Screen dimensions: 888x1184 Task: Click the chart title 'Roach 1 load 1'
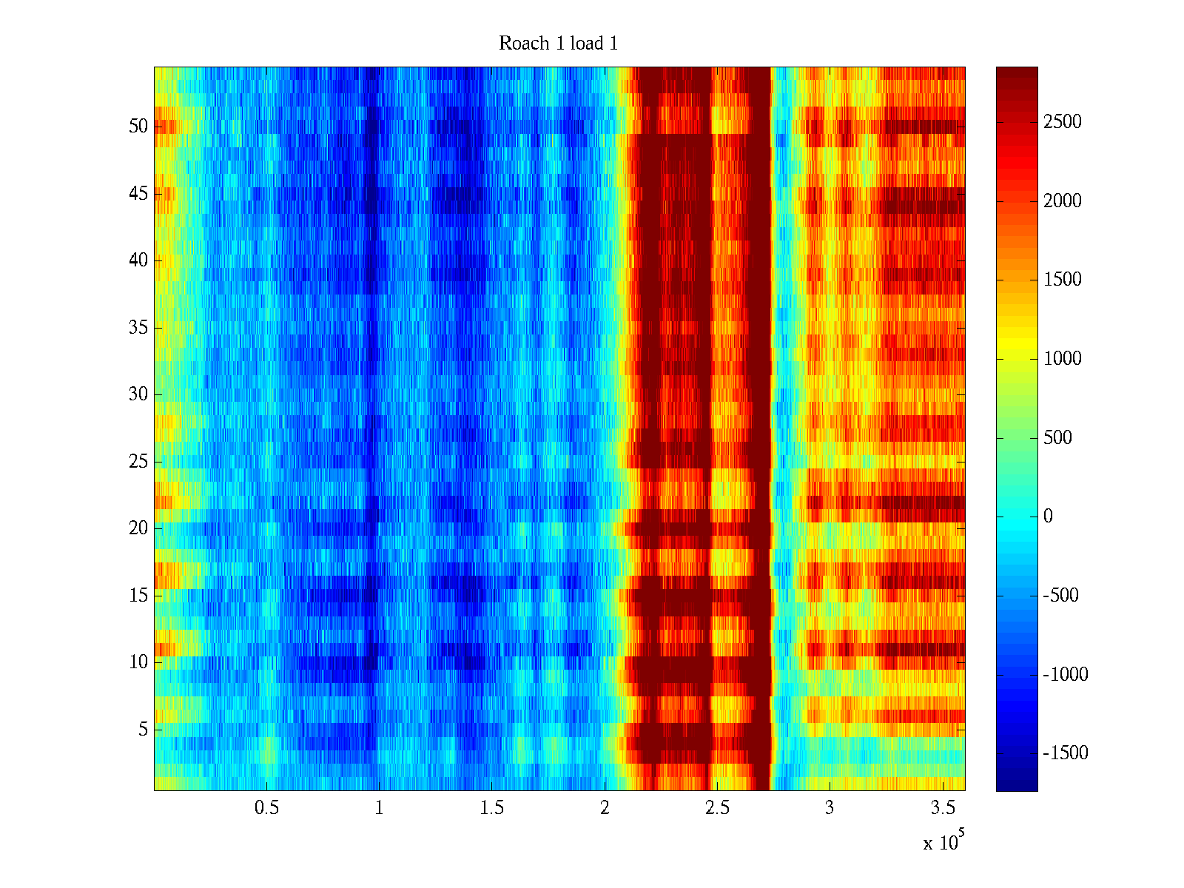pos(558,44)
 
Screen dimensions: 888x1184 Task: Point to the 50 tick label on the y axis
pos(138,126)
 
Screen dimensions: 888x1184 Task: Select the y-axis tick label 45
pos(138,193)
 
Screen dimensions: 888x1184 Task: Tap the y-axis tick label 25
pos(138,461)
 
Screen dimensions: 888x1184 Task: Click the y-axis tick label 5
pos(143,729)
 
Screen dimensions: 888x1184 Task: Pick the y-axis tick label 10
pos(138,662)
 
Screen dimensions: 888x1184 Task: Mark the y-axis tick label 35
pos(138,327)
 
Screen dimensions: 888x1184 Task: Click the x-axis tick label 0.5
pos(267,807)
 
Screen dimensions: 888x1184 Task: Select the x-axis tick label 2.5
pos(717,807)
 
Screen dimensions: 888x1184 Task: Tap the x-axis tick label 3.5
pos(942,807)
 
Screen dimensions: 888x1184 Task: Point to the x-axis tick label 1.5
pos(492,807)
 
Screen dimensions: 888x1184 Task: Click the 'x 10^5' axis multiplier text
pos(943,841)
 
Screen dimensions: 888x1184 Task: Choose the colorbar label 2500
pos(1063,122)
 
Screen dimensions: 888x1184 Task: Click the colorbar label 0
pos(1048,517)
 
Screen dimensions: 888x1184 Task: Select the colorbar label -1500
pos(1066,753)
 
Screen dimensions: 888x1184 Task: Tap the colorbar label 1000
pos(1063,359)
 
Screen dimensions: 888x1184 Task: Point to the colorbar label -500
pos(1061,596)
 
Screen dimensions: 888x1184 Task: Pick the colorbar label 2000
pos(1063,201)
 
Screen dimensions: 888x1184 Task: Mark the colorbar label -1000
pos(1066,674)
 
